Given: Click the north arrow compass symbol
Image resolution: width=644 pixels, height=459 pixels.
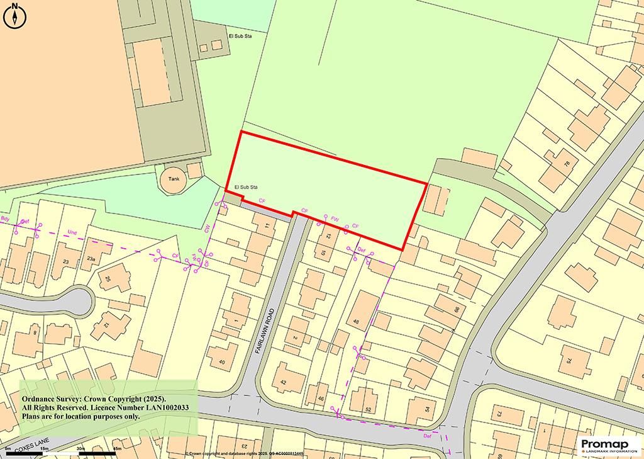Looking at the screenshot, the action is [14, 16].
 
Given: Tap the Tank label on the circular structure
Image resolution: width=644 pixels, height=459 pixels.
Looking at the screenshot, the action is [174, 179].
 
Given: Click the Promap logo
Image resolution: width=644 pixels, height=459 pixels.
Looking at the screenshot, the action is [609, 445].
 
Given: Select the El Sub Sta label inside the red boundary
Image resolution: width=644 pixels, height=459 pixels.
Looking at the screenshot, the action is [247, 188].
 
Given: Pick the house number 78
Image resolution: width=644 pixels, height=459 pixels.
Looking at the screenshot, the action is [566, 164].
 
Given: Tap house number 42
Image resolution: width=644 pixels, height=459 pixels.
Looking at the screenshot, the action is [283, 382].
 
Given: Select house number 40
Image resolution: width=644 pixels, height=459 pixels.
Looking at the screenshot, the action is [221, 362].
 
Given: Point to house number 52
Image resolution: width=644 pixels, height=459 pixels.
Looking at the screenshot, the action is [369, 410].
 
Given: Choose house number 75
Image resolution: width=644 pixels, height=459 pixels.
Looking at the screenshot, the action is [569, 361].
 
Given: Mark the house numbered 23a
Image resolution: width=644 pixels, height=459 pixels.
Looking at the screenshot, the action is [91, 259].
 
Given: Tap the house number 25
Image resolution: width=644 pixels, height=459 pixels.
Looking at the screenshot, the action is [107, 279].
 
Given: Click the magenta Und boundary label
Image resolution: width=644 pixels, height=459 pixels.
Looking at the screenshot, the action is [72, 233].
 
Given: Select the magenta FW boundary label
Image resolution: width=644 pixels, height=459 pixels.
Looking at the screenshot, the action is [335, 219].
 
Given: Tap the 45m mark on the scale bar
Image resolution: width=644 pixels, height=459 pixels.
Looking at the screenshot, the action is [116, 448].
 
